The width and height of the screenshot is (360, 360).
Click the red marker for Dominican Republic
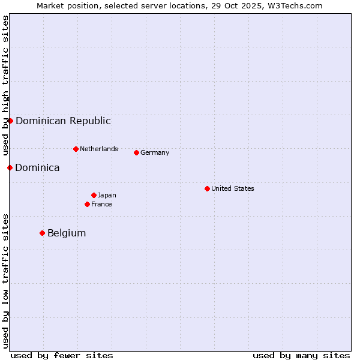click(10, 121)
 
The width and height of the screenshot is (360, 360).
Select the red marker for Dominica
click(10, 167)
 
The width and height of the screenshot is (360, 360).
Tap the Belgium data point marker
click(42, 233)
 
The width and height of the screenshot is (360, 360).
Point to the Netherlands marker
click(76, 149)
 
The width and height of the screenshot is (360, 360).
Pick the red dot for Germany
click(136, 152)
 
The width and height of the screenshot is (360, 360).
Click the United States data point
click(207, 188)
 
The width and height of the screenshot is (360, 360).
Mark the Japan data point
click(94, 195)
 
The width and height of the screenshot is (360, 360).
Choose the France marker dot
click(87, 204)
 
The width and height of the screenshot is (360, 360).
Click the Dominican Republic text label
click(63, 121)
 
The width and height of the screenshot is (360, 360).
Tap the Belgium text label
click(67, 233)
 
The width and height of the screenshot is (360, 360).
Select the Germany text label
click(155, 152)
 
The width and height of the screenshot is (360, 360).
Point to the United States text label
click(233, 188)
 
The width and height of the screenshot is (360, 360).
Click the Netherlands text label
click(99, 149)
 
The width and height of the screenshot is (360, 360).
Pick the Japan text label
click(107, 195)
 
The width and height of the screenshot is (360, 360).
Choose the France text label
click(101, 204)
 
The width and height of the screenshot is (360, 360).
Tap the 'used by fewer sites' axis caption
click(62, 355)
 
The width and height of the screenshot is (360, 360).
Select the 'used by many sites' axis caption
click(301, 355)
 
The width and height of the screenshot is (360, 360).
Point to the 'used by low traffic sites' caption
click(5, 280)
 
